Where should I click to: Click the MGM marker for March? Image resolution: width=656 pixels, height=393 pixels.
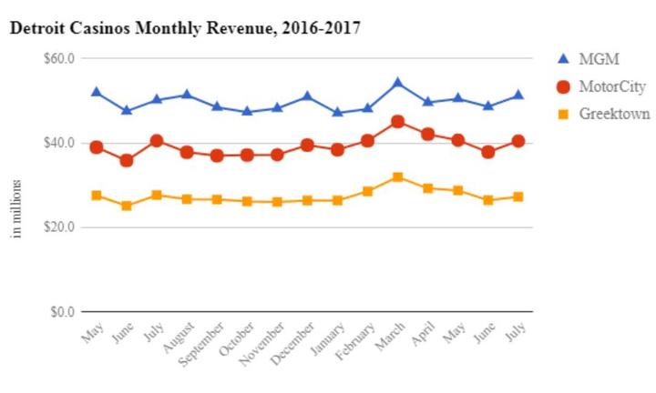point(398,83)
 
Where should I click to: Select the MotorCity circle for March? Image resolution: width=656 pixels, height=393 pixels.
point(398,121)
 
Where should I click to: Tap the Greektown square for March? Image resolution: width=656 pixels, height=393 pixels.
point(398,176)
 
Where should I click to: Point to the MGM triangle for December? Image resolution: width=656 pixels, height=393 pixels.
point(308,96)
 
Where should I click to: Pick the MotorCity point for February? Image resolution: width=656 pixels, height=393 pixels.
point(368,141)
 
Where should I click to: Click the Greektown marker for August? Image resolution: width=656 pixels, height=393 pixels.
point(187,198)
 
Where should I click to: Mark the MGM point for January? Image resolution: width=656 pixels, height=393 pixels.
point(338,112)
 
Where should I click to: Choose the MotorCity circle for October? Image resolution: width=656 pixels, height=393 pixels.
point(247,155)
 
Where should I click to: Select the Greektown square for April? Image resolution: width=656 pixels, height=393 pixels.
point(428,188)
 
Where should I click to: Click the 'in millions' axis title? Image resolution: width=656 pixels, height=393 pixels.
point(16,208)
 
